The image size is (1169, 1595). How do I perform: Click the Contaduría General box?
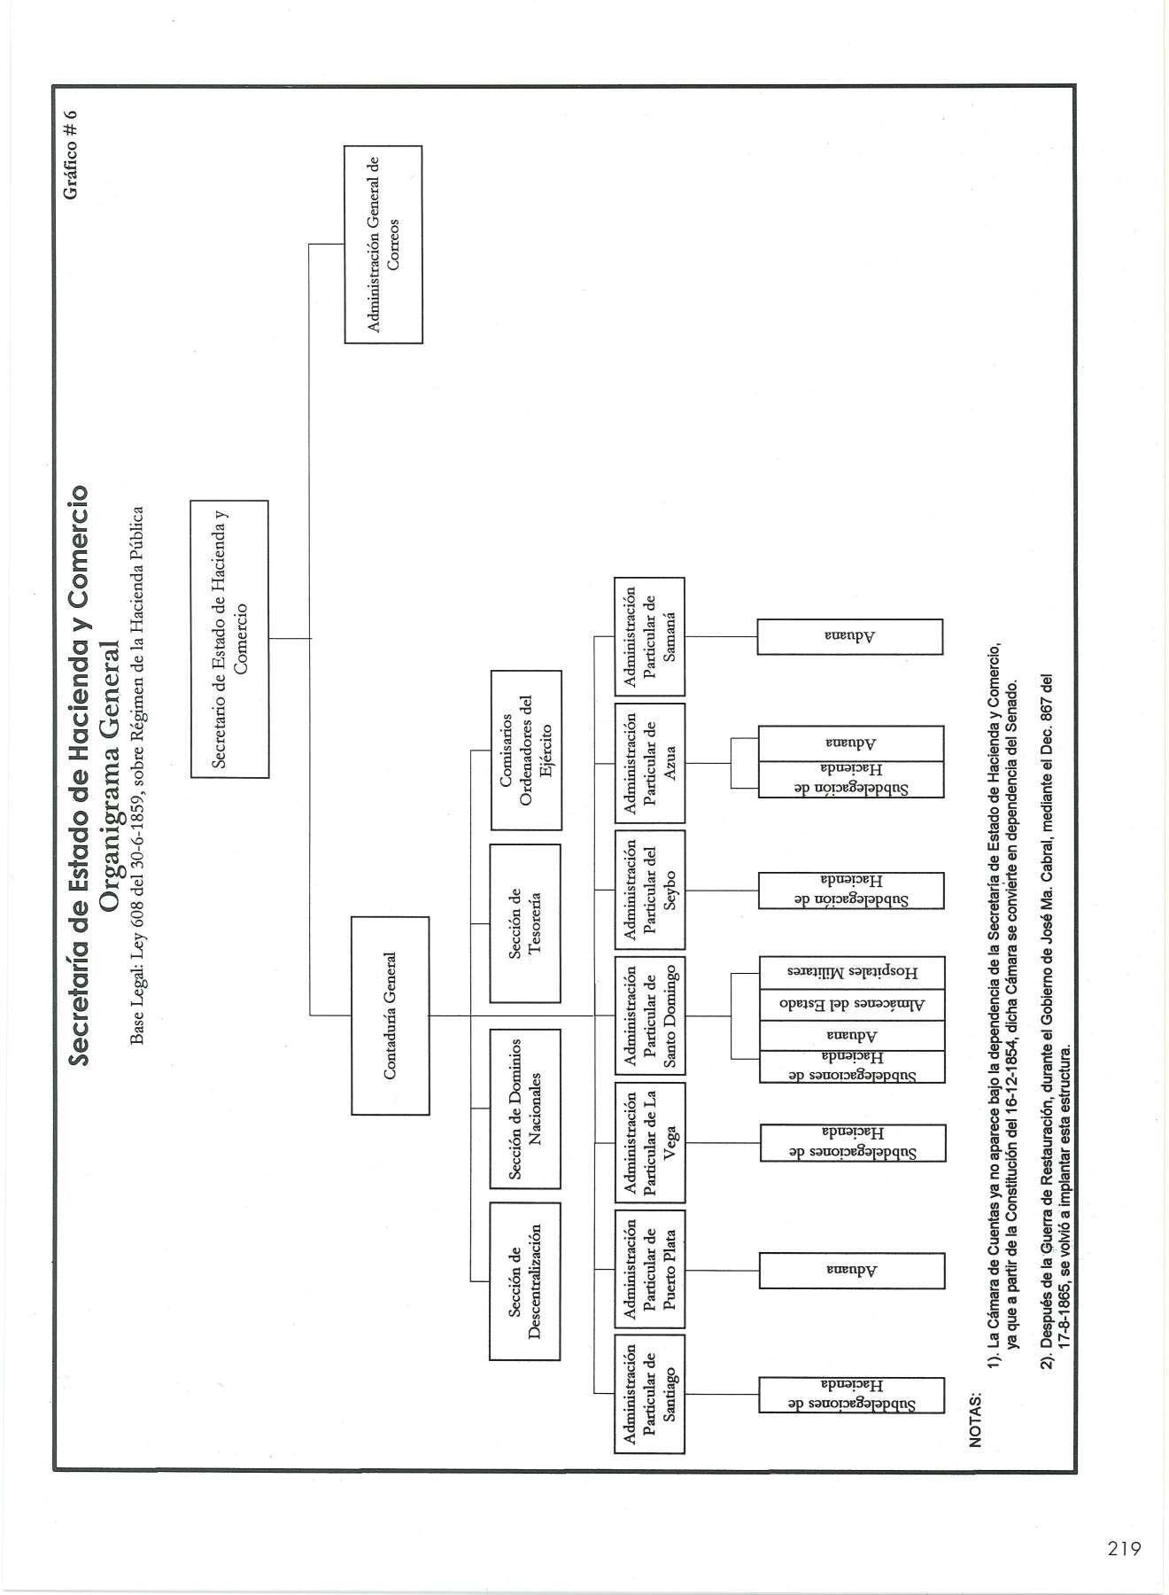(x=390, y=1015)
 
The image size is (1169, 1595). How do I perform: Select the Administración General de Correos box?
(x=383, y=244)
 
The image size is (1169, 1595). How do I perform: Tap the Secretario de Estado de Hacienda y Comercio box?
(x=229, y=638)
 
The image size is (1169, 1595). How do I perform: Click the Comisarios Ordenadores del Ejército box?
(x=525, y=750)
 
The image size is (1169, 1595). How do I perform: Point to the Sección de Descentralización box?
(x=525, y=1280)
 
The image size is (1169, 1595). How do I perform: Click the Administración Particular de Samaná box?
(x=650, y=636)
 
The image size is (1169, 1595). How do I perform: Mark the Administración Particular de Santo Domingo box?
(x=650, y=1016)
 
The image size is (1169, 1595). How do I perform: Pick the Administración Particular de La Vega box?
(x=650, y=1142)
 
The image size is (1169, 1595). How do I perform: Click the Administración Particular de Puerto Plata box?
(x=650, y=1269)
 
